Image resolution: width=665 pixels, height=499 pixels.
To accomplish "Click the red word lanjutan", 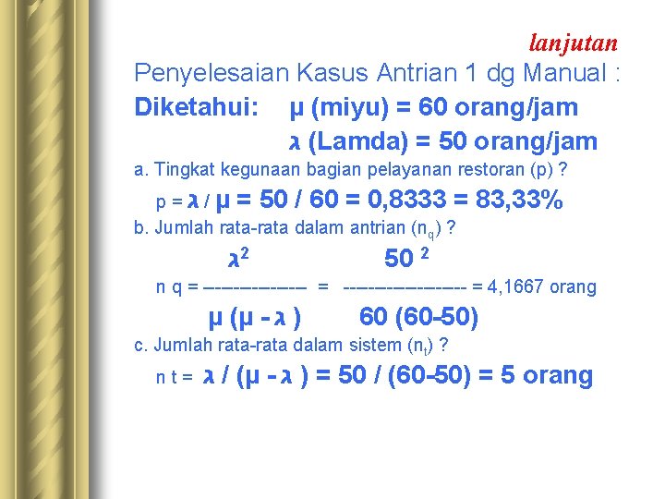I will click(574, 42).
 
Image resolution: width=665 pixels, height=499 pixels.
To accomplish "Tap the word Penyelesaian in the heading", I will click(211, 72).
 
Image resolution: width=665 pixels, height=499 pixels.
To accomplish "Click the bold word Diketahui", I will click(196, 107).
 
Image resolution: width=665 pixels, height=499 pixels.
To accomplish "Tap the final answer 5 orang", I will click(545, 375).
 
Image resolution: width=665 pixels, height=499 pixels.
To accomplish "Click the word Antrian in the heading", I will click(398, 72).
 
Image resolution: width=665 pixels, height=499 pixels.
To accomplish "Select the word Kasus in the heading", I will click(326, 72).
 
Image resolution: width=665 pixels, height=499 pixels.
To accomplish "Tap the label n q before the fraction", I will click(168, 287).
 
